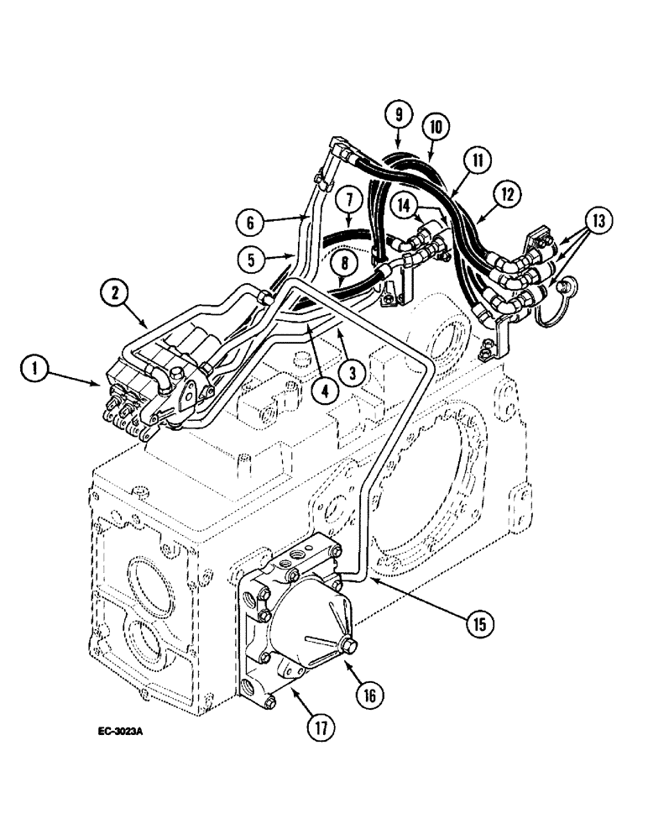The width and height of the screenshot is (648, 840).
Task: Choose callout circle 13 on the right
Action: (x=598, y=222)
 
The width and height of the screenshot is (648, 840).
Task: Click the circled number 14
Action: (x=406, y=204)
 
